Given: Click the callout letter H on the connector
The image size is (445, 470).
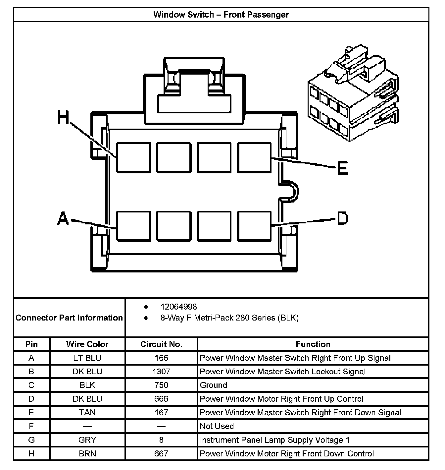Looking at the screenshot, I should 63,117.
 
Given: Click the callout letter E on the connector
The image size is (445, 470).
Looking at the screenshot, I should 342,168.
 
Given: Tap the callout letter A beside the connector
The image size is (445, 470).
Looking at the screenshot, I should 63,219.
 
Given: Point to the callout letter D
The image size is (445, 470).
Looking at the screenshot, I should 342,219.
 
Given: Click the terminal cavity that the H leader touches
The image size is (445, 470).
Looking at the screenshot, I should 133,158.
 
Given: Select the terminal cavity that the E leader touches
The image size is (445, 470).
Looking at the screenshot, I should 254,158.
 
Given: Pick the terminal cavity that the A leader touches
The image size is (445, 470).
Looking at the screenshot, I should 133,226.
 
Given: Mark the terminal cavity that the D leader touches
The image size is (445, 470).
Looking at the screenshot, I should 254,226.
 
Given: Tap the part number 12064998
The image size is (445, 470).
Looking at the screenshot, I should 178,307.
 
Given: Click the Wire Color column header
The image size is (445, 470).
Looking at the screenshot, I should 87,344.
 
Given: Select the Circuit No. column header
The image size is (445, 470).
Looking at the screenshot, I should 161,344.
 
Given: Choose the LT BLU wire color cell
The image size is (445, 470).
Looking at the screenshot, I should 87,358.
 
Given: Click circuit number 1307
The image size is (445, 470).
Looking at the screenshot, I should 161,372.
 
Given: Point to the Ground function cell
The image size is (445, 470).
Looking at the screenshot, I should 214,385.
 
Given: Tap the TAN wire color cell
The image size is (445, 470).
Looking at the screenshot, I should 87,413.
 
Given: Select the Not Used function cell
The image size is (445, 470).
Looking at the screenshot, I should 217,426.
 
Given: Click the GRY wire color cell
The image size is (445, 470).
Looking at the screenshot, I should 87,440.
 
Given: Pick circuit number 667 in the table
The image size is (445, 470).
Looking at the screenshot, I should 161,454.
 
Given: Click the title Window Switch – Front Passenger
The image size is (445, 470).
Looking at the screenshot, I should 221,15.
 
